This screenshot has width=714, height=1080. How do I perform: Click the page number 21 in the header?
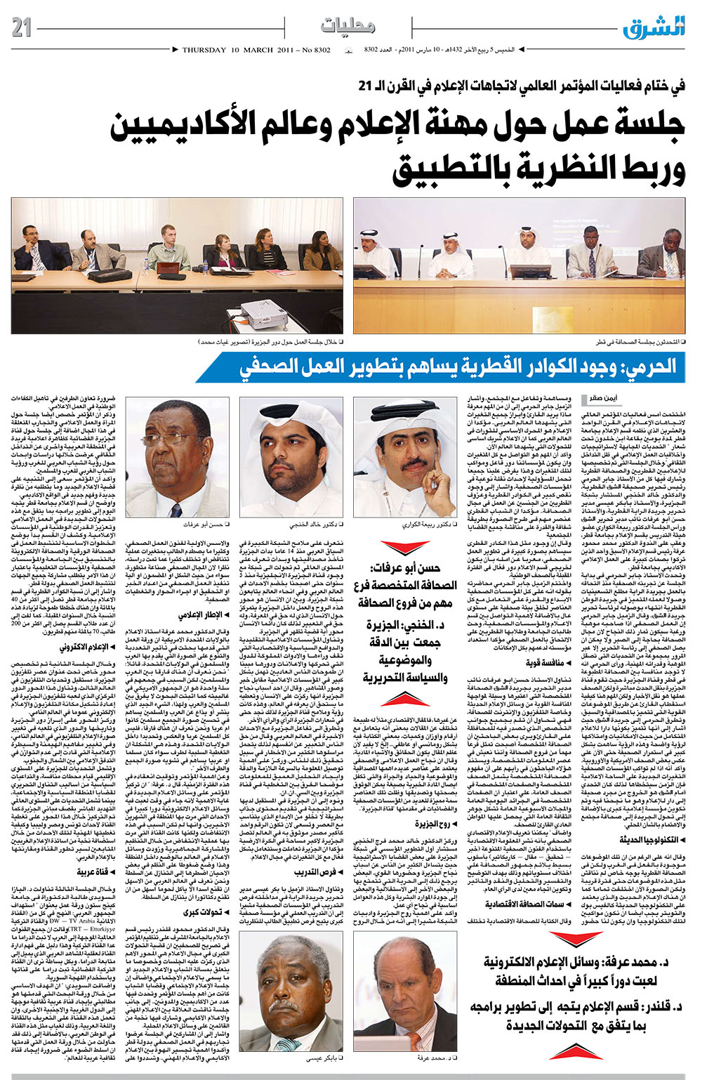tap(22, 27)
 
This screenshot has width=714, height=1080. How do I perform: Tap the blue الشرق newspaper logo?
tap(653, 27)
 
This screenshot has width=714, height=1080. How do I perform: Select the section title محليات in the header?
tap(348, 26)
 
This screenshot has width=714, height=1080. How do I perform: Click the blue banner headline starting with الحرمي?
tap(457, 367)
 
